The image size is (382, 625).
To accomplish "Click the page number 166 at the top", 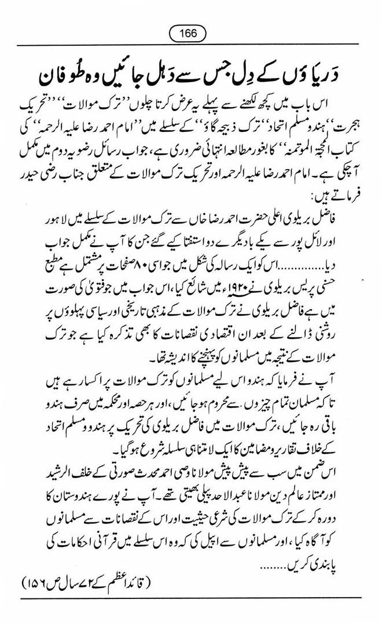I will point(190,34).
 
